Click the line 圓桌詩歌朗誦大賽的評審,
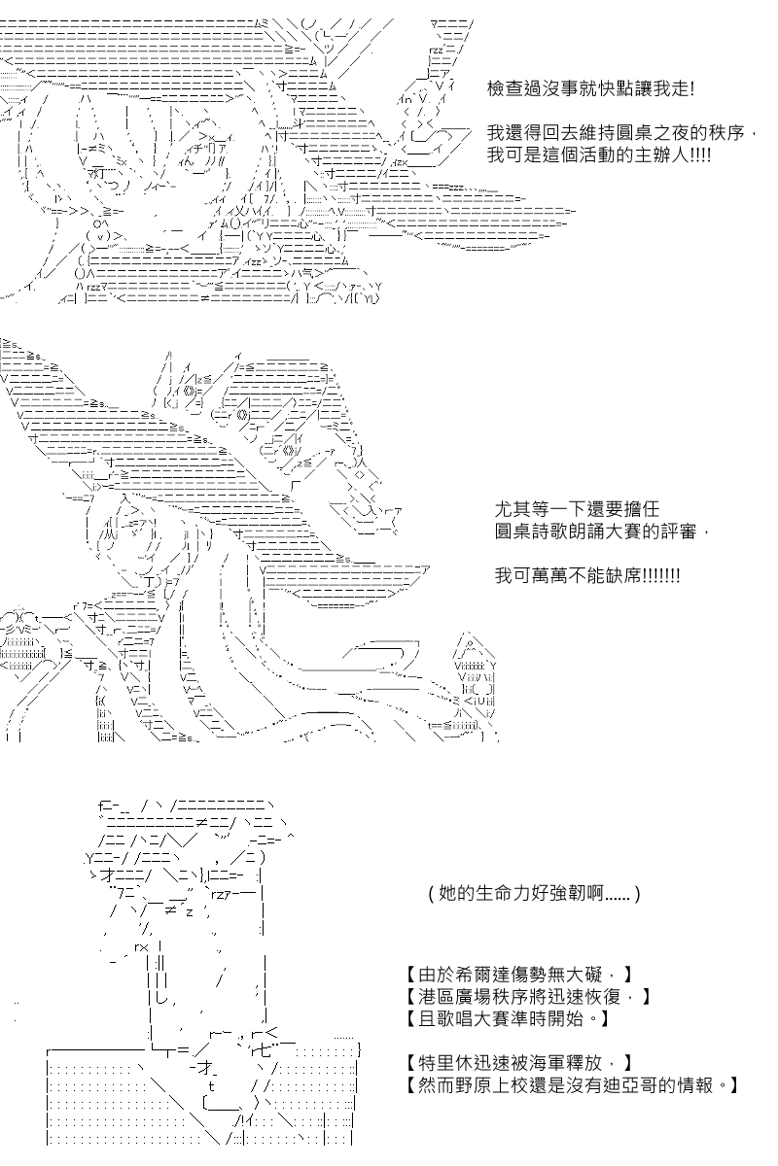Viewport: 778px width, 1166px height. (595, 533)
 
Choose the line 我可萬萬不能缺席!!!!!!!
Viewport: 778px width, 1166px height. (587, 575)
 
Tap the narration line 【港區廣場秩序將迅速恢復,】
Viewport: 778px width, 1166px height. (525, 998)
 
